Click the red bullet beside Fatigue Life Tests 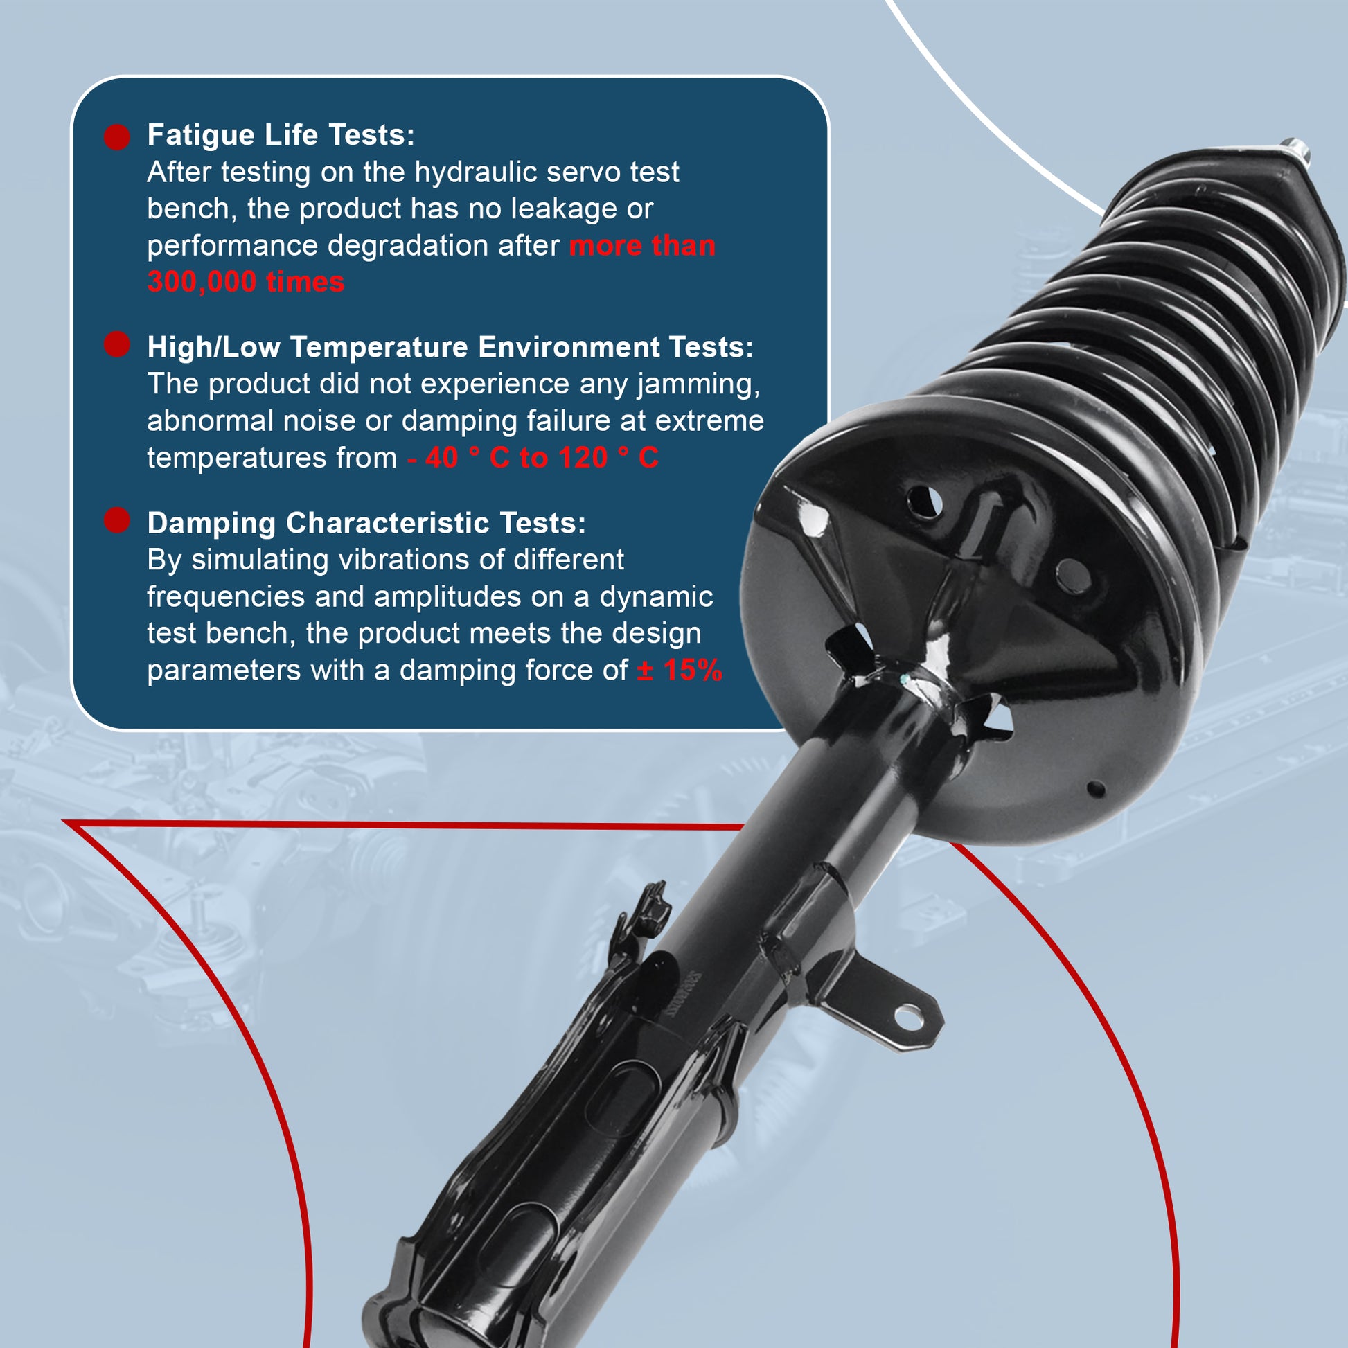pyautogui.click(x=117, y=136)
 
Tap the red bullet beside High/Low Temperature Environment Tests pyautogui.click(x=117, y=345)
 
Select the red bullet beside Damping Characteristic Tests pyautogui.click(x=117, y=520)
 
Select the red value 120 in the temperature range pyautogui.click(x=583, y=459)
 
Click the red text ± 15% pyautogui.click(x=680, y=671)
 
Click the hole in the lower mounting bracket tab pyautogui.click(x=909, y=1018)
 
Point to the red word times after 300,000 pyautogui.click(x=305, y=283)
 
